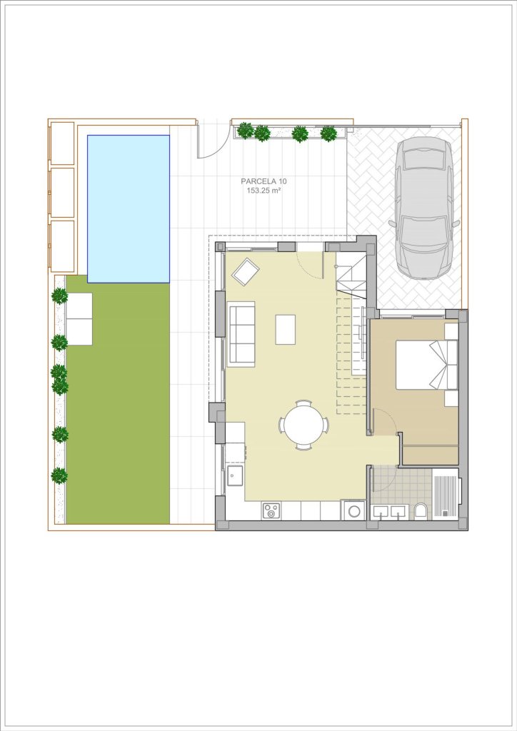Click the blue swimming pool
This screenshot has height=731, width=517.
click(129, 209)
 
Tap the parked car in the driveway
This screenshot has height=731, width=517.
click(423, 208)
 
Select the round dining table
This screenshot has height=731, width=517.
click(304, 425)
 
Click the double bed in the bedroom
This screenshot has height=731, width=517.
click(426, 365)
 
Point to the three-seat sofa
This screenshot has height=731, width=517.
click(241, 334)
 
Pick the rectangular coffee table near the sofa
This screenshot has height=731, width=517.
click(286, 330)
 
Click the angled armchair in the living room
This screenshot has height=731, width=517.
click(246, 272)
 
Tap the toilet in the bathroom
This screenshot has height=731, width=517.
click(421, 511)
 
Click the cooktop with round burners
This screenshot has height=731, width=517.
click(271, 510)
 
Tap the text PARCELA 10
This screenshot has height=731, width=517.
click(263, 181)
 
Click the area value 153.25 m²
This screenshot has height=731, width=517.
click(263, 191)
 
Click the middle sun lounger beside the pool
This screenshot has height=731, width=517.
click(62, 193)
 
